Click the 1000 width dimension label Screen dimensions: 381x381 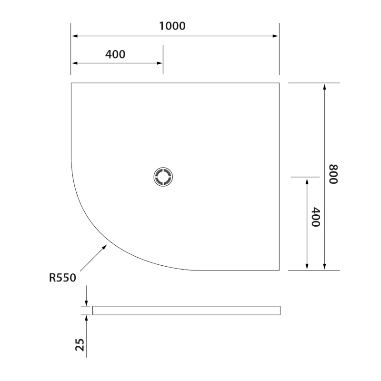(x=172, y=26)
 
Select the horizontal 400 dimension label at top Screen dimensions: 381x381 (x=115, y=54)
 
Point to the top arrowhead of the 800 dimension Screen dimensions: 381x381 (x=324, y=87)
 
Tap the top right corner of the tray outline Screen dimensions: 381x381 (x=279, y=83)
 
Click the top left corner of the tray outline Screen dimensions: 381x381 (x=71, y=83)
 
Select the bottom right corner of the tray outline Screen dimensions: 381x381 (x=279, y=270)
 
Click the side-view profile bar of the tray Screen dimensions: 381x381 (x=186, y=311)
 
